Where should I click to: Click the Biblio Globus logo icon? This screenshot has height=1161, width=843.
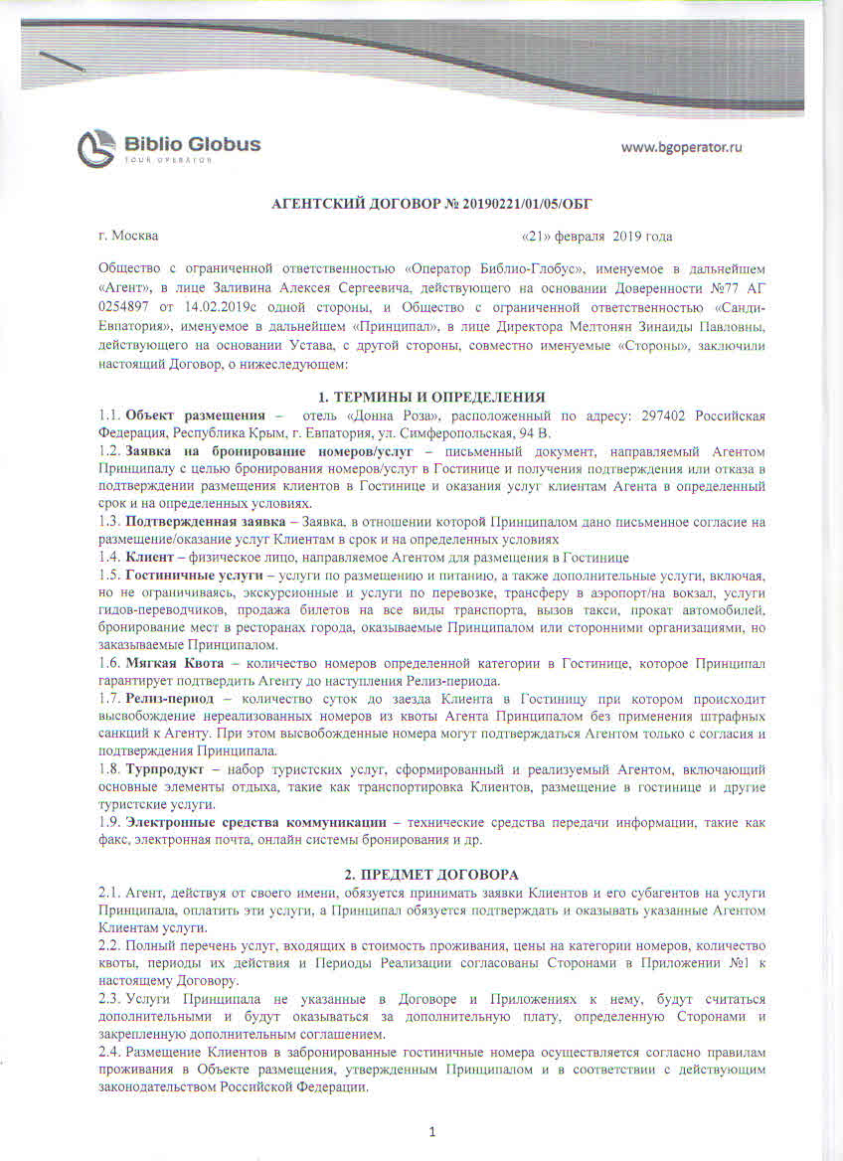(x=96, y=148)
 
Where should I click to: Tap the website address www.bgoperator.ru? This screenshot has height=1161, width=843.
(x=682, y=147)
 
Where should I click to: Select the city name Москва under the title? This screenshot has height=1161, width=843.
(x=134, y=237)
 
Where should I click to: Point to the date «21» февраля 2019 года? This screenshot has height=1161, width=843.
(x=596, y=237)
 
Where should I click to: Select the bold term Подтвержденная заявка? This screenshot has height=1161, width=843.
(x=199, y=521)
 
